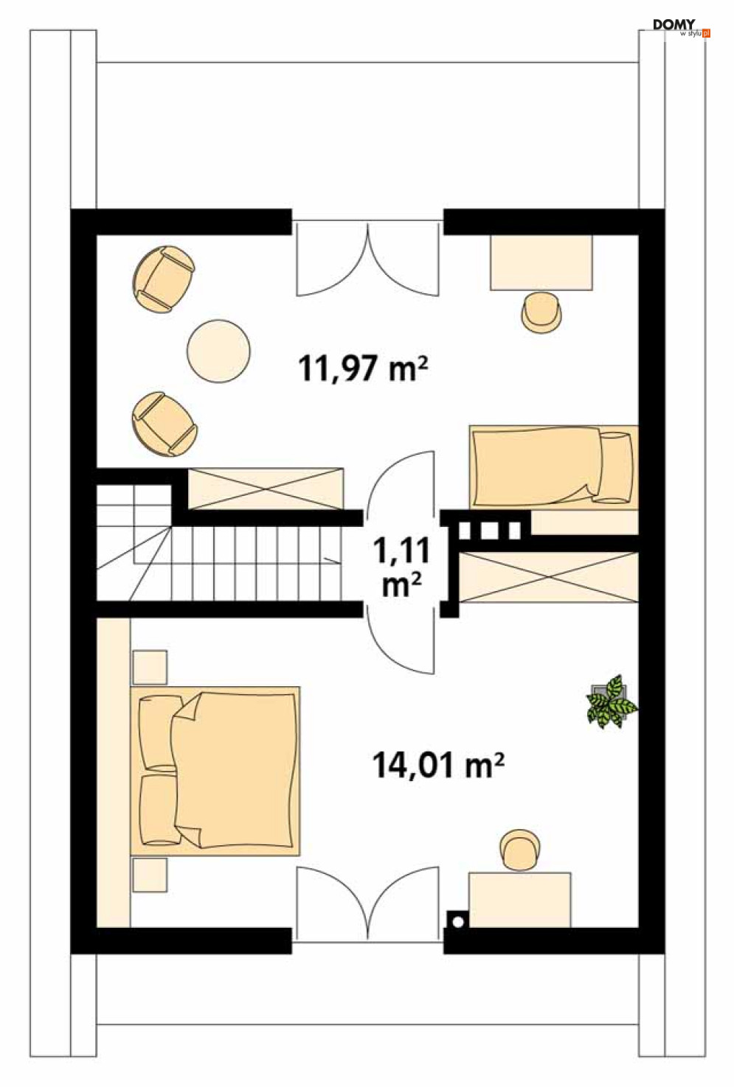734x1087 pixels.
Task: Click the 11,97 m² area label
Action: pyautogui.click(x=363, y=367)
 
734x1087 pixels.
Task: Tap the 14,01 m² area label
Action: pyautogui.click(x=438, y=765)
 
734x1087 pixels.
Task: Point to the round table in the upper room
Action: pyautogui.click(x=218, y=351)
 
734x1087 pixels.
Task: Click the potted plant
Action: pyautogui.click(x=611, y=702)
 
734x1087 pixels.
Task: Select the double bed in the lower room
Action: pyautogui.click(x=220, y=770)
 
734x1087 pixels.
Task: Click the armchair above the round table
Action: pyautogui.click(x=164, y=279)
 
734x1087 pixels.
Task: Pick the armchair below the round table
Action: pyautogui.click(x=164, y=423)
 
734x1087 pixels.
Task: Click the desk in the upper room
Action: pyautogui.click(x=541, y=262)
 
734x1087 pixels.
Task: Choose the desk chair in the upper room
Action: pyautogui.click(x=541, y=312)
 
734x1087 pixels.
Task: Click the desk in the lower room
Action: pyautogui.click(x=519, y=899)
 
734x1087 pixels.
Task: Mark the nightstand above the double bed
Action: pyautogui.click(x=150, y=668)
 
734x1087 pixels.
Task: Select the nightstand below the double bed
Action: pyautogui.click(x=150, y=874)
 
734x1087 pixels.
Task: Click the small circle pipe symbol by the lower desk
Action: pyautogui.click(x=457, y=920)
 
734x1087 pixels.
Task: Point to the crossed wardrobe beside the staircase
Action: pyautogui.click(x=266, y=488)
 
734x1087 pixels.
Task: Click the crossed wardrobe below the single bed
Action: pyautogui.click(x=547, y=576)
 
